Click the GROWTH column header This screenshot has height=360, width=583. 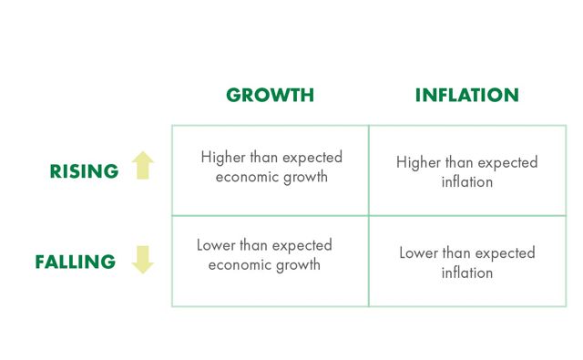point(270,96)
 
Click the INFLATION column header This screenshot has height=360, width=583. point(466,96)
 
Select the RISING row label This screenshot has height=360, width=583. point(85,171)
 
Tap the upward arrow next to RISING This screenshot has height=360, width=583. point(143,166)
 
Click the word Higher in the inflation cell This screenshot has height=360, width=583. point(418,162)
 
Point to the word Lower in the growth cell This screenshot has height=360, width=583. point(217,245)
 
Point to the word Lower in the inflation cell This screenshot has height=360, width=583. point(419,252)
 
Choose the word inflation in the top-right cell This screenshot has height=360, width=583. point(467,182)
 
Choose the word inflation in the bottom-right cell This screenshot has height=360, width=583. point(467,273)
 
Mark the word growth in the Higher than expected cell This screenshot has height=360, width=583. point(307,177)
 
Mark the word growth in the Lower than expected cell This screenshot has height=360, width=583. point(300,265)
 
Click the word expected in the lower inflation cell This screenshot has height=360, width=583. point(504,252)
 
